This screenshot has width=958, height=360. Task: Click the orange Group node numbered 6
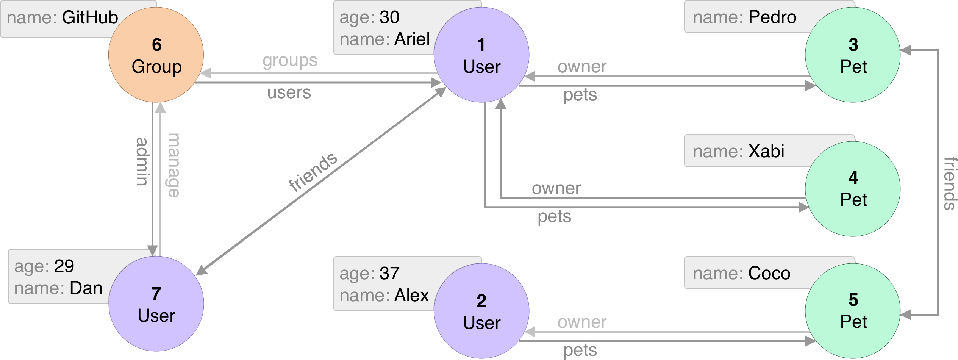[x=156, y=55]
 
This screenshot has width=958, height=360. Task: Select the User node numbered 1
[x=481, y=55]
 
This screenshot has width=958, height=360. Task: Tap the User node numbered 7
[x=156, y=304]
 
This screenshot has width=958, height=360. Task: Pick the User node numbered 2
[x=481, y=311]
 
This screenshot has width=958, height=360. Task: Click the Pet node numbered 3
[x=853, y=55]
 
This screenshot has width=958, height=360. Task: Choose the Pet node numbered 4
[x=853, y=189]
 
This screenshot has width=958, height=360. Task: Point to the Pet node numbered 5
[x=853, y=311]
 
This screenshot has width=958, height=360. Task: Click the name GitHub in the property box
[x=90, y=17]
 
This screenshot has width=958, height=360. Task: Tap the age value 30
[x=389, y=17]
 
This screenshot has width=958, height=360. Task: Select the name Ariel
[x=412, y=39]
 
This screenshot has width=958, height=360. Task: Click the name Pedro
[x=772, y=17]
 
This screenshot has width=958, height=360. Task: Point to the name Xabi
[x=766, y=151]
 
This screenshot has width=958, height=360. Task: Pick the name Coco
[x=769, y=273]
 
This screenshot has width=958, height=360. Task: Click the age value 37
[x=389, y=274]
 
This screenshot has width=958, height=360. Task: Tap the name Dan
[x=86, y=288]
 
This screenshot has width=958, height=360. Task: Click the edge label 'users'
[x=289, y=92]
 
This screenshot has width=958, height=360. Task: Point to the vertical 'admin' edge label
[x=142, y=161]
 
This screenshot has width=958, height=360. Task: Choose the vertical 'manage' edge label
[x=173, y=165]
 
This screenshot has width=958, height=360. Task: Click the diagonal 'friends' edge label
[x=313, y=172]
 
